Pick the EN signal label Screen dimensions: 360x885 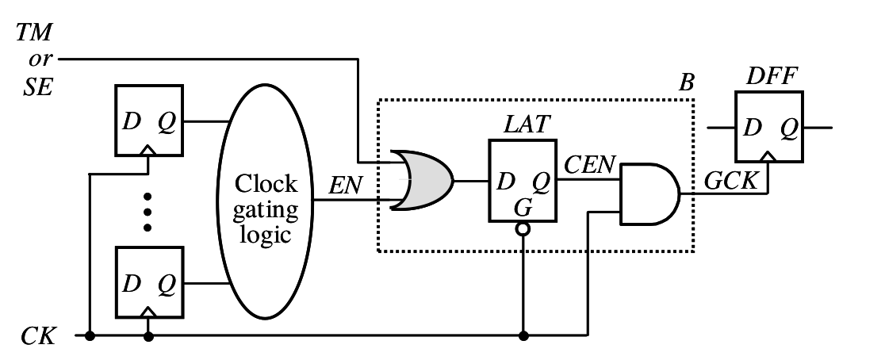[x=347, y=188]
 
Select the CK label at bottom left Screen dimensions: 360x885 [x=38, y=336]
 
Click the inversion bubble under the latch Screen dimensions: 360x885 [x=522, y=230]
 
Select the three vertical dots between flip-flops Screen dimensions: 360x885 [x=147, y=211]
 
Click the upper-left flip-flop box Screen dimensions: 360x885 [x=149, y=121]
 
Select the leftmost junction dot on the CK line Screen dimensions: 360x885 [x=90, y=336]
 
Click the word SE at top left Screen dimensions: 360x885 [x=38, y=86]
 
